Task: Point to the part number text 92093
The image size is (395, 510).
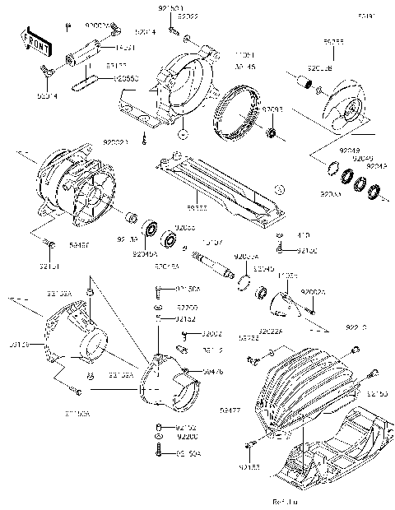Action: [272, 109]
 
